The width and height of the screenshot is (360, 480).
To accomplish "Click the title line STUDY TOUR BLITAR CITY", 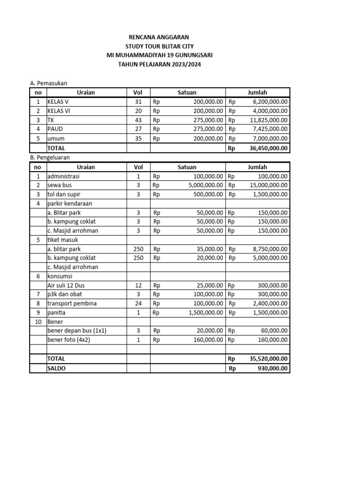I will point(159,46).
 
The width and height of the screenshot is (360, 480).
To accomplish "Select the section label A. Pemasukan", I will point(49,83).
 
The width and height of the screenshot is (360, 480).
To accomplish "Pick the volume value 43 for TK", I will point(138,120).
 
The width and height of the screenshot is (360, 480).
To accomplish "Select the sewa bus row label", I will point(60,185).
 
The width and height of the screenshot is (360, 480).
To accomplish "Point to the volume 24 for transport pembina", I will point(138,303).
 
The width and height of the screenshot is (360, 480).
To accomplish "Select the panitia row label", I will point(57,313).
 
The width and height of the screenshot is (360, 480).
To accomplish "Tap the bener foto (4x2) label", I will point(68,340).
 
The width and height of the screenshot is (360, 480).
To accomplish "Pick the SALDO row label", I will point(57,368).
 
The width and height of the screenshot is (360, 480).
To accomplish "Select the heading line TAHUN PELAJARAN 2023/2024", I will point(159,64).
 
